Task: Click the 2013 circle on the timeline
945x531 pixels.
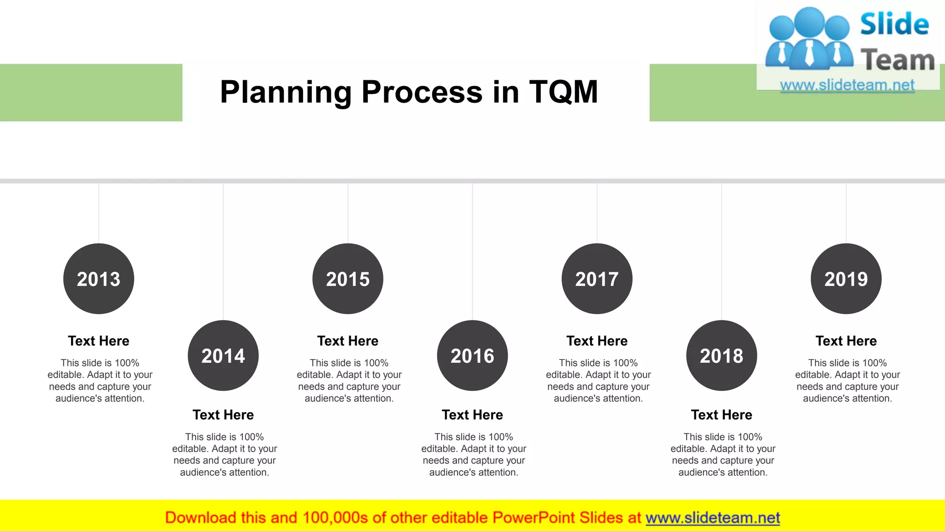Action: click(99, 279)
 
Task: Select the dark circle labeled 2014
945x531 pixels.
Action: click(223, 355)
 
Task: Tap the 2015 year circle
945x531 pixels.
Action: click(348, 279)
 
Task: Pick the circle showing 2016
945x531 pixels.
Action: click(472, 355)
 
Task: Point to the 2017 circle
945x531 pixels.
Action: click(597, 279)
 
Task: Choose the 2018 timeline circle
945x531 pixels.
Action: click(722, 355)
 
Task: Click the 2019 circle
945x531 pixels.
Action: click(846, 279)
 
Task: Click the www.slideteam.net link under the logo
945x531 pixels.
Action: click(847, 85)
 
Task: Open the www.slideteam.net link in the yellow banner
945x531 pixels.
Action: click(713, 518)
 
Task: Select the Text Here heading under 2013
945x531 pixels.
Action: click(99, 341)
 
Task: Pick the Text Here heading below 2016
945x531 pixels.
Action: click(472, 415)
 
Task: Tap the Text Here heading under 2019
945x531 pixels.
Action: click(846, 341)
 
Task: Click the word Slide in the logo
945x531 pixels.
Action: click(895, 24)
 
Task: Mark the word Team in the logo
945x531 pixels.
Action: click(897, 60)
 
